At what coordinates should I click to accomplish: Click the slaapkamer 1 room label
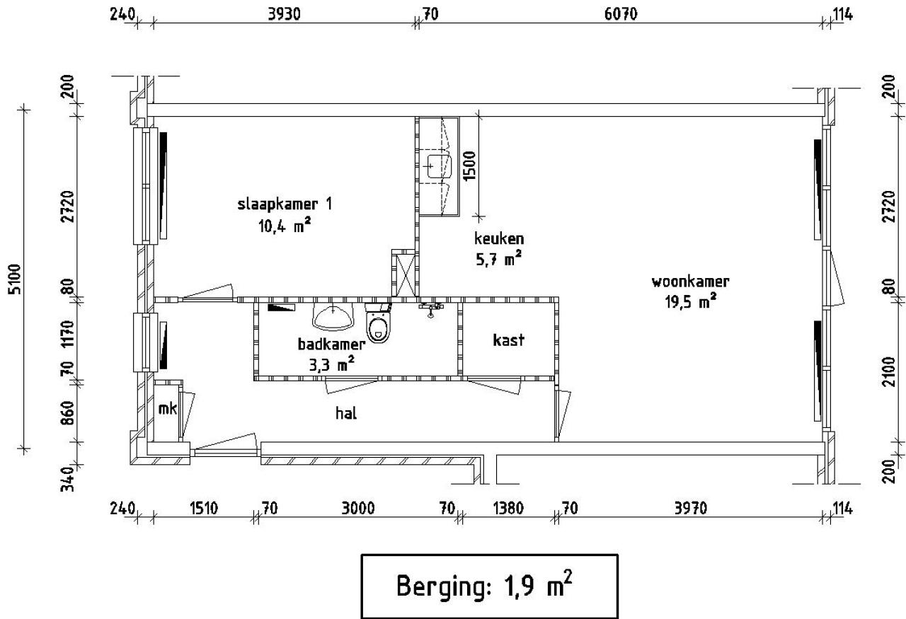point(285,204)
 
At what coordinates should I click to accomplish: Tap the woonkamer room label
point(690,282)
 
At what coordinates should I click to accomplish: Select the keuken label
point(499,238)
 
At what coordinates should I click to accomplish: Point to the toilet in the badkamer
point(379,322)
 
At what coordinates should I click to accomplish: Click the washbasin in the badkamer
point(333,317)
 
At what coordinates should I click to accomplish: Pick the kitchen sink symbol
point(440,166)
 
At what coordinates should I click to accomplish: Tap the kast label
point(508,340)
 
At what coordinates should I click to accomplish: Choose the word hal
point(346,413)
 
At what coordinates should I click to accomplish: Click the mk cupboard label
point(168,409)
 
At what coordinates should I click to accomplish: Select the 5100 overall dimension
point(15,279)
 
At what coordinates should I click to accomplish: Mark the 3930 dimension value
point(285,15)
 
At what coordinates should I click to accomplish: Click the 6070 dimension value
point(621,15)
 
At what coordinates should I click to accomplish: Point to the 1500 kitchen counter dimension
point(469,166)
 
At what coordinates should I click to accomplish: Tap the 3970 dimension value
point(691,508)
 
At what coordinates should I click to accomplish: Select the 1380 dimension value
point(508,508)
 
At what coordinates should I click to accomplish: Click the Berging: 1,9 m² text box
point(489,586)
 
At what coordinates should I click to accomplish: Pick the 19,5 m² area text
point(691,301)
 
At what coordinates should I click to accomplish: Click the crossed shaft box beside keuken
point(403,273)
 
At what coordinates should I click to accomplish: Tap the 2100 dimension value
point(890,371)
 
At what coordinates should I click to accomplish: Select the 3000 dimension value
point(358,508)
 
